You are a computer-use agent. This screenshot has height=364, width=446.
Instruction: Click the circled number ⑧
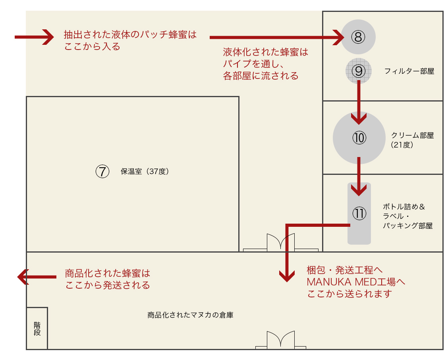pyautogui.click(x=358, y=37)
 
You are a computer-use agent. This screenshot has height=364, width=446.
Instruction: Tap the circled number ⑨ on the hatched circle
pyautogui.click(x=358, y=71)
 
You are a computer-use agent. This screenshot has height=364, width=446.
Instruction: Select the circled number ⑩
pyautogui.click(x=359, y=138)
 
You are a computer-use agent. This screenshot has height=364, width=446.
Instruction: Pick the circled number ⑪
pyautogui.click(x=359, y=213)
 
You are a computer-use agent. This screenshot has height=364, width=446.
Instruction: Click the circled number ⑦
pyautogui.click(x=102, y=172)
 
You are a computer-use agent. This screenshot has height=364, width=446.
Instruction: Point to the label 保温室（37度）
pyautogui.click(x=145, y=172)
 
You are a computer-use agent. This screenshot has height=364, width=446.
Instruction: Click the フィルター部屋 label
pyautogui.click(x=409, y=71)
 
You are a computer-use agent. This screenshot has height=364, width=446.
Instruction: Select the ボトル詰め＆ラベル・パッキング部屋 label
pyautogui.click(x=407, y=216)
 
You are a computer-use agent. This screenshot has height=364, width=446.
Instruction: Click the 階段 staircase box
pyautogui.click(x=37, y=328)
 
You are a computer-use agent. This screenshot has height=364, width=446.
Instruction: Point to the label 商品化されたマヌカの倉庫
pyautogui.click(x=190, y=316)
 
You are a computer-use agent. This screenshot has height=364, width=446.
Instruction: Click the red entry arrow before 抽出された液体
pyautogui.click(x=34, y=37)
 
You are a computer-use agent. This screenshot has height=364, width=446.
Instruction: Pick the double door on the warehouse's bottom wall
pyautogui.click(x=280, y=340)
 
